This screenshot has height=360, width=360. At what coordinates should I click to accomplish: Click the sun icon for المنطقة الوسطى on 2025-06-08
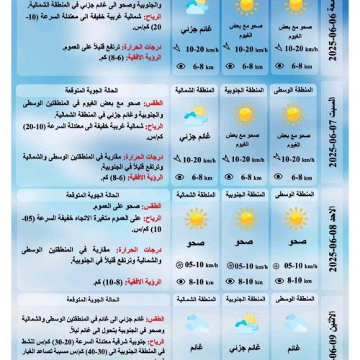(x=295, y=219)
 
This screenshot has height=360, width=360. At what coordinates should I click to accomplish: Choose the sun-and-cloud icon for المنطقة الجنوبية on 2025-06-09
(x=245, y=321)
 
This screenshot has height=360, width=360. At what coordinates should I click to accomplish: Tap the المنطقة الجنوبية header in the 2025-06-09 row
(x=245, y=297)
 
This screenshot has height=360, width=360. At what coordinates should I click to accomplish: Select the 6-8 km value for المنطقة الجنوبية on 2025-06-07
(x=248, y=176)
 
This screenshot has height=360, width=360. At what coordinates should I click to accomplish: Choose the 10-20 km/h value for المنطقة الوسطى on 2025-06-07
(x=299, y=160)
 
